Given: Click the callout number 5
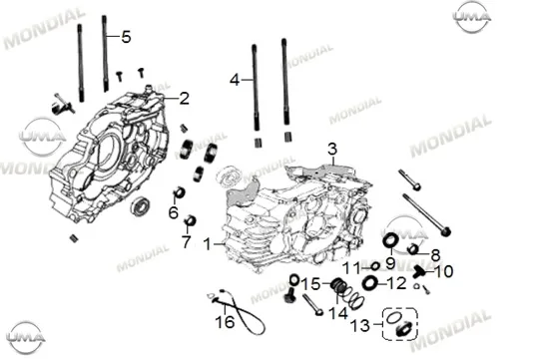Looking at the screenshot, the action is pyautogui.click(x=126, y=37).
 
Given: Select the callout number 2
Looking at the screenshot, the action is pyautogui.click(x=184, y=99).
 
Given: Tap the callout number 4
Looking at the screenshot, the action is pyautogui.click(x=235, y=81).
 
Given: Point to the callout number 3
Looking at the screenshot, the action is pyautogui.click(x=332, y=149).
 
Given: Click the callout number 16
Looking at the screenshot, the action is pyautogui.click(x=226, y=322).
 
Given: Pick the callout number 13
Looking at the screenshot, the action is pyautogui.click(x=360, y=326).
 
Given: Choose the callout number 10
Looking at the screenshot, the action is pyautogui.click(x=444, y=271).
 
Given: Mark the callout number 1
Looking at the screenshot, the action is pyautogui.click(x=207, y=244).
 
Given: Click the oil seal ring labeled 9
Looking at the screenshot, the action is pyautogui.click(x=390, y=240).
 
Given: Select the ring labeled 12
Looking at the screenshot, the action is pyautogui.click(x=370, y=283).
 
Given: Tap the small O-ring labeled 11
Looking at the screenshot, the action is pyautogui.click(x=375, y=266).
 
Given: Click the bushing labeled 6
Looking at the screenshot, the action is pyautogui.click(x=179, y=192).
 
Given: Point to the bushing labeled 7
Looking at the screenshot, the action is pyautogui.click(x=190, y=220).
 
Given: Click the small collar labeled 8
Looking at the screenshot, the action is pyautogui.click(x=413, y=249).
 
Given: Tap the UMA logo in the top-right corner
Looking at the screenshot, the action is pyautogui.click(x=472, y=17).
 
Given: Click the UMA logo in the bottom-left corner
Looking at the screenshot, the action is pyautogui.click(x=26, y=338).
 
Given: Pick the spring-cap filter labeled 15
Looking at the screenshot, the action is pyautogui.click(x=339, y=285).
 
